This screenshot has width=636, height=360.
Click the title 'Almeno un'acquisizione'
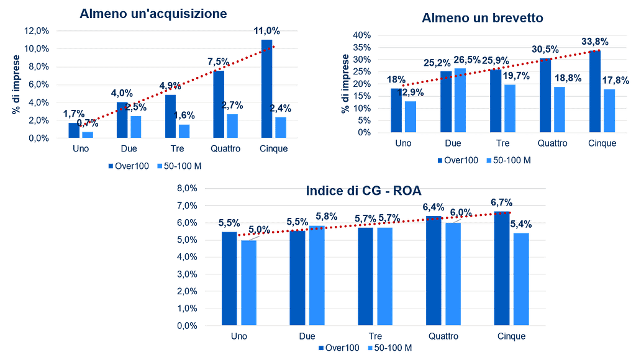point(153,14)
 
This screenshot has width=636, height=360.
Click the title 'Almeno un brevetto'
point(483,18)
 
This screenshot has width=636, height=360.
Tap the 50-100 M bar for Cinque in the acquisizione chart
point(280,127)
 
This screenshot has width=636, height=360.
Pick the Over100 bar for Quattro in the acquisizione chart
point(218,103)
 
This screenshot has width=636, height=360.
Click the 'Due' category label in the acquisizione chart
point(129,150)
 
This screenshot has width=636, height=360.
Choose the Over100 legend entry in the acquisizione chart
point(128,166)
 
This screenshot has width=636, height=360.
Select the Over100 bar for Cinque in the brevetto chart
point(595,91)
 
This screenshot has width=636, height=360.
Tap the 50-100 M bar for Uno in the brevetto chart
point(410,117)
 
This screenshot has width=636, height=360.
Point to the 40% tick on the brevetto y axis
point(362,35)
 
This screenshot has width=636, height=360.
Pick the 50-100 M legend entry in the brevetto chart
point(508,160)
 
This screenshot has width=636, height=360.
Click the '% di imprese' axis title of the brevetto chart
point(345,83)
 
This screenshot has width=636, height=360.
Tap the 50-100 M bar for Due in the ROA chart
point(316,276)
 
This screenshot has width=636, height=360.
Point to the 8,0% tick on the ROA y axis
point(188,188)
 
